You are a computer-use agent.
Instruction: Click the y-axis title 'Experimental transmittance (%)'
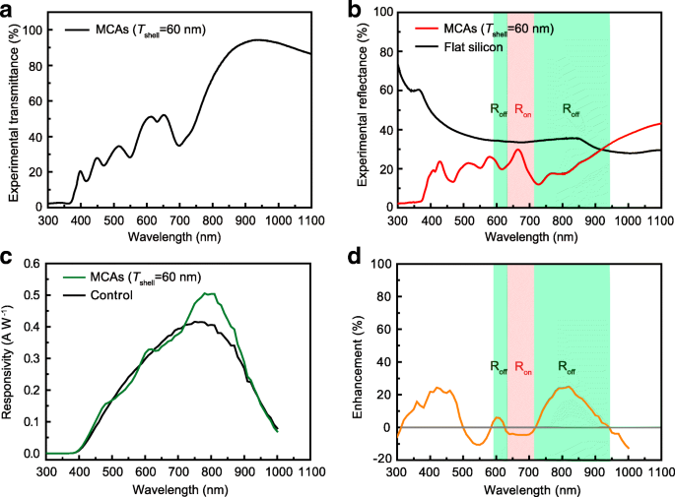click(13, 108)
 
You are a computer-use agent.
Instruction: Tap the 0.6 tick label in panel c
click(32, 263)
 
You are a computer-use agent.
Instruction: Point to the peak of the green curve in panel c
click(208, 293)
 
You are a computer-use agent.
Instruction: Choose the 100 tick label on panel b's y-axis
click(379, 11)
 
